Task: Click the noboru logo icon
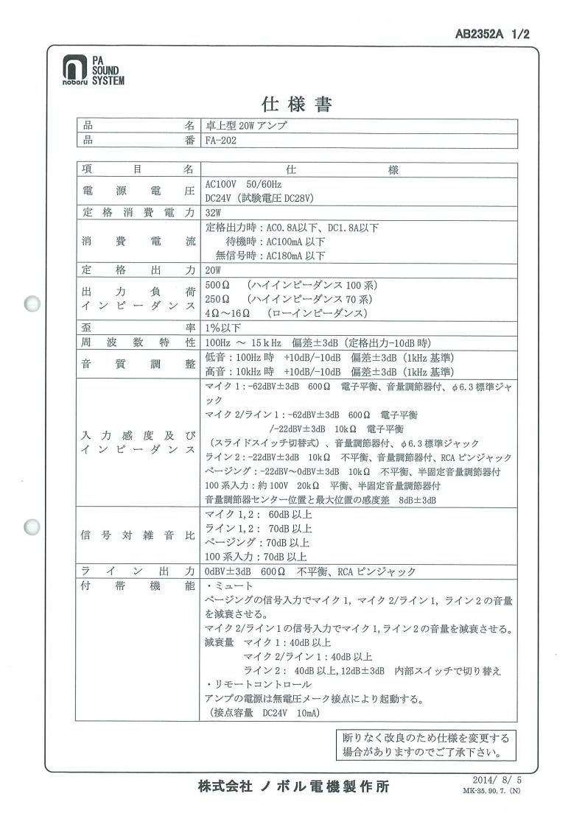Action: [x=71, y=68]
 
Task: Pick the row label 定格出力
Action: [x=137, y=270]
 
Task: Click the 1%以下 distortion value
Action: [x=222, y=327]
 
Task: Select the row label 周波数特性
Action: [x=137, y=342]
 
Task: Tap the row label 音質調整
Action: [x=137, y=365]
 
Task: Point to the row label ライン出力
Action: [x=137, y=571]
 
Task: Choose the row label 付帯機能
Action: [x=137, y=585]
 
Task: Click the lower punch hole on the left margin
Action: [x=32, y=528]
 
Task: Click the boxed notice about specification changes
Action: [x=425, y=745]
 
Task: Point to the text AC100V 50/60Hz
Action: [x=243, y=183]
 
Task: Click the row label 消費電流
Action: [x=137, y=242]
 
